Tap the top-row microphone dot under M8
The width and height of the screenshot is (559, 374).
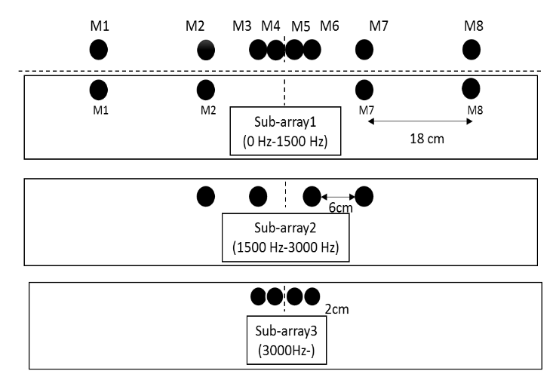coord(471,50)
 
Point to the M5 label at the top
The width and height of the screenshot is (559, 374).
coord(301,26)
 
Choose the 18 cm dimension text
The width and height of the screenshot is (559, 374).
coord(420,139)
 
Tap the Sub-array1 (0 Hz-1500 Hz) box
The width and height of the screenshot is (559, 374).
coord(286,131)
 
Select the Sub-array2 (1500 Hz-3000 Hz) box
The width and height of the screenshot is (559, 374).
coord(286,237)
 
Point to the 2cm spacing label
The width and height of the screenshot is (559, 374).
coord(337,309)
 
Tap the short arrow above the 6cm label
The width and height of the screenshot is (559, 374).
coord(338,197)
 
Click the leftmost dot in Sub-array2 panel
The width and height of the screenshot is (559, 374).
coord(204,196)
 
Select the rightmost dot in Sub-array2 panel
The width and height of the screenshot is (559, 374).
coord(364,196)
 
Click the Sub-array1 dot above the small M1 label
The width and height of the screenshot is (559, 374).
coord(98,90)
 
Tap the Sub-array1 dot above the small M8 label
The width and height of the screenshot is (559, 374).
coord(471,88)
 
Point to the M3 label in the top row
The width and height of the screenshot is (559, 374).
coord(242,26)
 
